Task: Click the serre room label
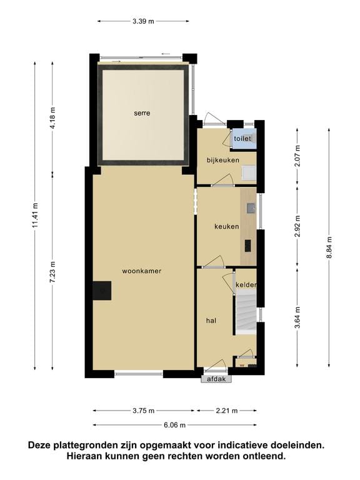142,113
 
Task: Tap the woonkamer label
142,271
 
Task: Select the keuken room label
226,226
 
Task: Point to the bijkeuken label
223,161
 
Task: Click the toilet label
242,138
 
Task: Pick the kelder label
246,285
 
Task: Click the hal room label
211,320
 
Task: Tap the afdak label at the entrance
216,379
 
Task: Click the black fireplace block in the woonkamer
102,291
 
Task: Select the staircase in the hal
246,312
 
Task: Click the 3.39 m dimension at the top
143,21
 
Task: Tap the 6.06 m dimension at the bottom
174,425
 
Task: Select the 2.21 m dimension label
226,411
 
